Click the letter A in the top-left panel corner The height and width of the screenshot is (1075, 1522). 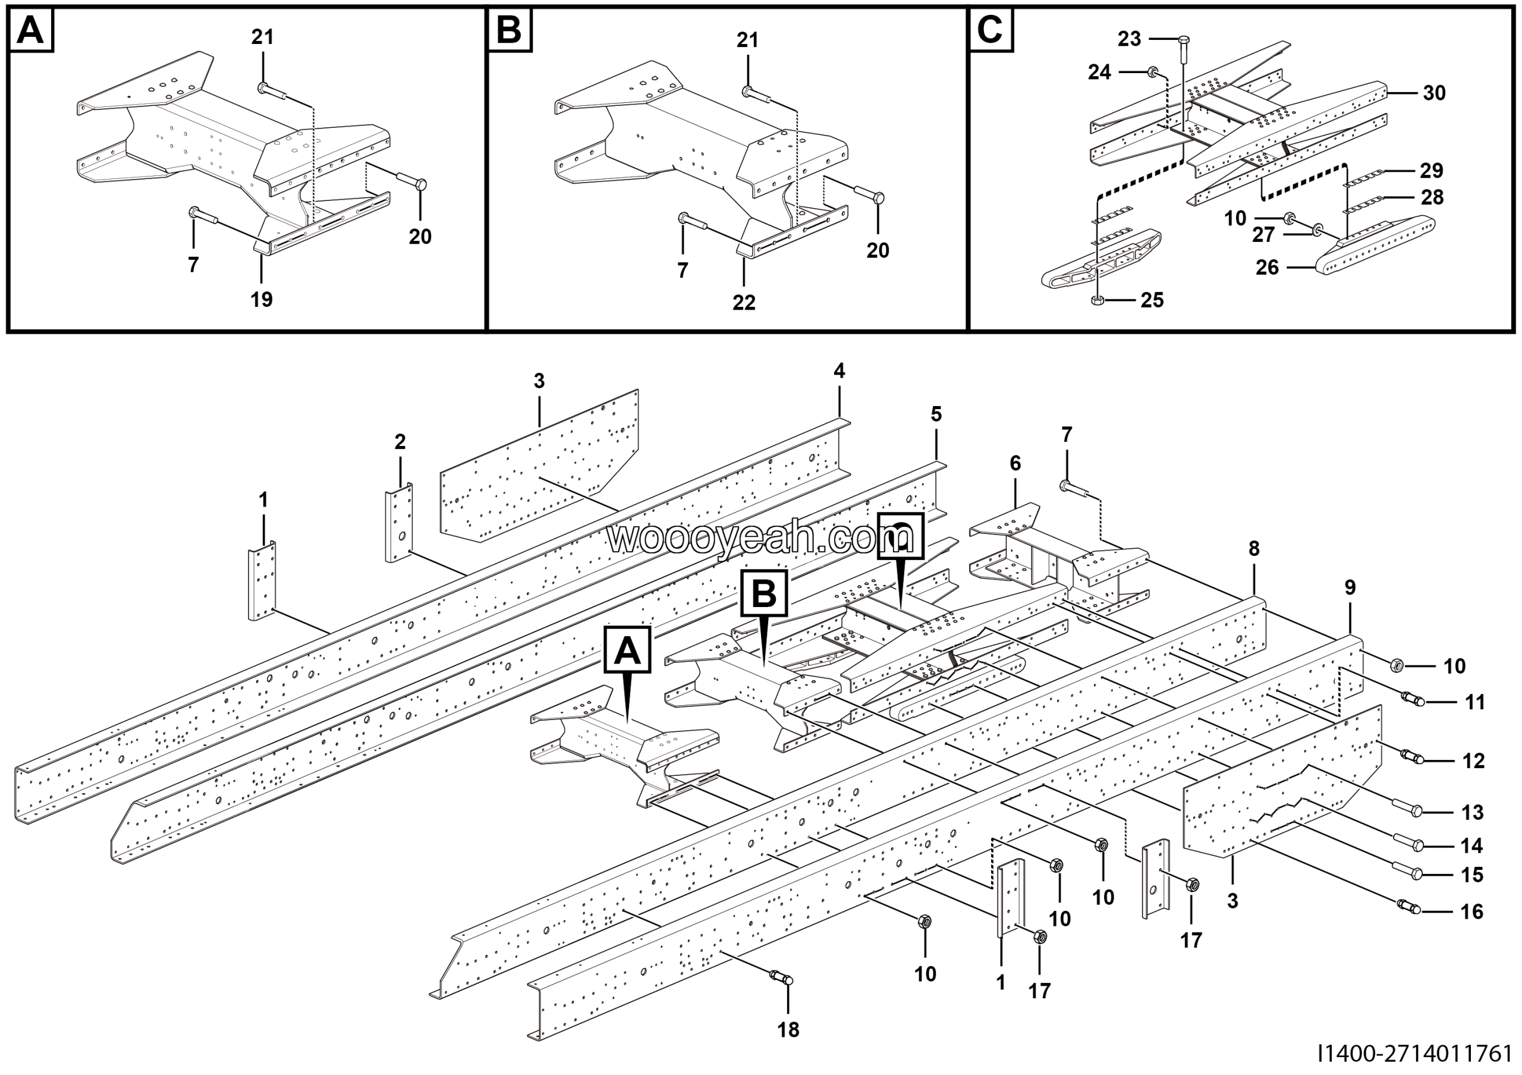pyautogui.click(x=30, y=30)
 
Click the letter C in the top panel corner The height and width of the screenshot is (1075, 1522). pyautogui.click(x=990, y=30)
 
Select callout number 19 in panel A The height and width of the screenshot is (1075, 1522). pyautogui.click(x=261, y=300)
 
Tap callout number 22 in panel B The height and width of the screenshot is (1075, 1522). pyautogui.click(x=744, y=303)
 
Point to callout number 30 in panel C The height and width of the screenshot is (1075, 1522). pyautogui.click(x=1434, y=93)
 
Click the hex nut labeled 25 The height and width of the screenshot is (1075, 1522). pyautogui.click(x=1098, y=301)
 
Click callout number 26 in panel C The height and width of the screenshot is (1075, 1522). pyautogui.click(x=1267, y=268)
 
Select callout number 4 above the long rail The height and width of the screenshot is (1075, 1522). pyautogui.click(x=839, y=371)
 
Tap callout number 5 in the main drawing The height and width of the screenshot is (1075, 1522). pyautogui.click(x=936, y=414)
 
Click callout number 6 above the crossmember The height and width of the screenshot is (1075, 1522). pyautogui.click(x=1015, y=463)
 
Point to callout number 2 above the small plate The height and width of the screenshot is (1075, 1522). pyautogui.click(x=400, y=441)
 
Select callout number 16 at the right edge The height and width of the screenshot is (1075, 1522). pyautogui.click(x=1471, y=911)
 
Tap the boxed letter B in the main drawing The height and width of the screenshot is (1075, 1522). pyautogui.click(x=765, y=593)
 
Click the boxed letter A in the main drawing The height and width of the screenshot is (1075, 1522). pyautogui.click(x=627, y=651)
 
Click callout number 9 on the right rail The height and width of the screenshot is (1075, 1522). pyautogui.click(x=1350, y=587)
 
